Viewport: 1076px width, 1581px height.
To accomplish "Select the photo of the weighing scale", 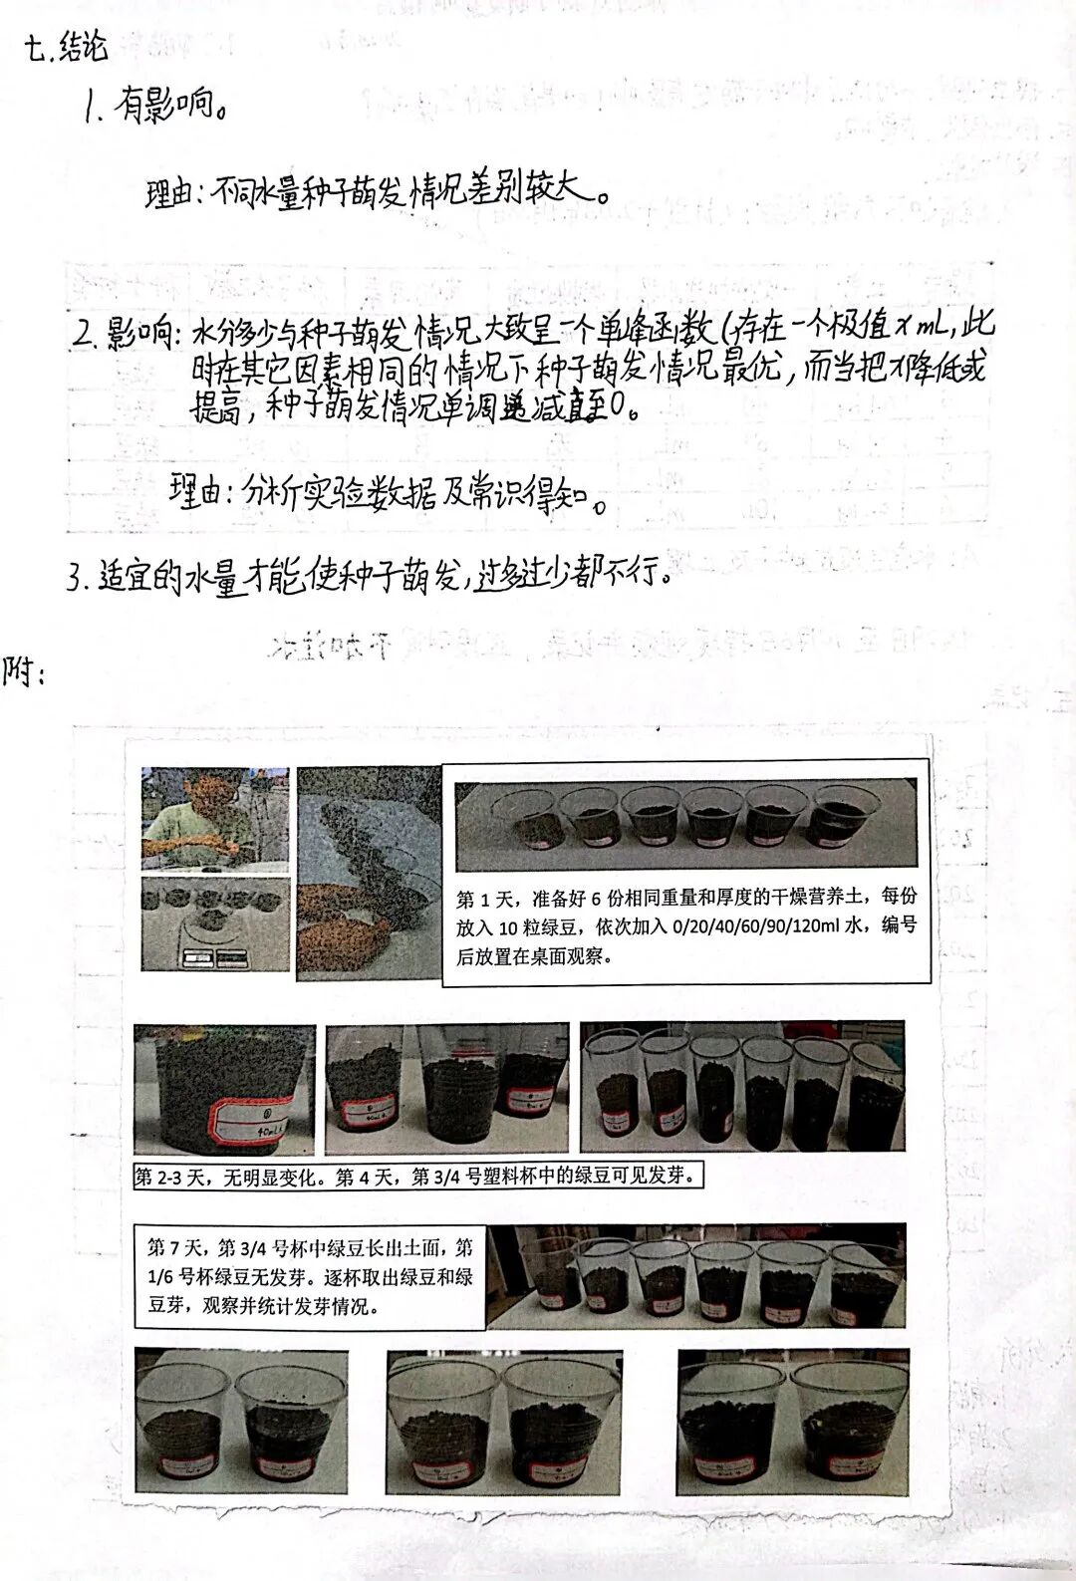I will click(214, 923).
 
